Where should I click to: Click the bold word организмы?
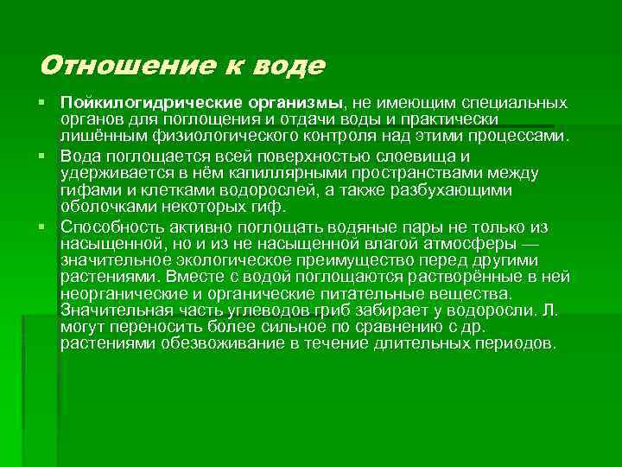pyautogui.click(x=290, y=104)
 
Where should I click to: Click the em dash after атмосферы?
pyautogui.click(x=531, y=243)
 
